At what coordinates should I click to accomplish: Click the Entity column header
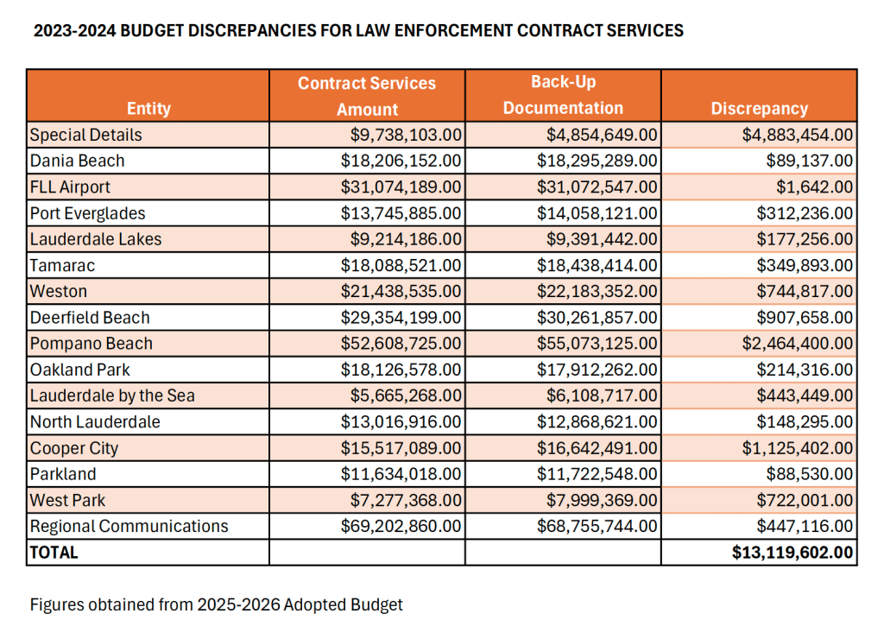(148, 109)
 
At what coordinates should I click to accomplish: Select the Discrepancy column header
(759, 109)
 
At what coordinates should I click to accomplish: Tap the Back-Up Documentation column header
(563, 95)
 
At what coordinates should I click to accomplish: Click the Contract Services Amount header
(367, 96)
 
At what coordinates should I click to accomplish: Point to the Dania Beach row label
(77, 161)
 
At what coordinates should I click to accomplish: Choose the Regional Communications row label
(129, 526)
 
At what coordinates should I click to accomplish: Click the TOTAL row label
(54, 553)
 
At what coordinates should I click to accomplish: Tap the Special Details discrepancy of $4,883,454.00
(797, 135)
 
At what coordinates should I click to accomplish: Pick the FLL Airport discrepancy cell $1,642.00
(819, 187)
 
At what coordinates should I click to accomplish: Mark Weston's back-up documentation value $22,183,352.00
(602, 292)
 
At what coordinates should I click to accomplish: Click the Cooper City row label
(74, 448)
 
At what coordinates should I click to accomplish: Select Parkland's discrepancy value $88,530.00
(809, 474)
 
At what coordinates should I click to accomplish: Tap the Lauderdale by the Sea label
(112, 395)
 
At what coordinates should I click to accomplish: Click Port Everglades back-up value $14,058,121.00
(602, 213)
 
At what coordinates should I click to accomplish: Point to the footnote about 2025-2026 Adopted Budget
(216, 604)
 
